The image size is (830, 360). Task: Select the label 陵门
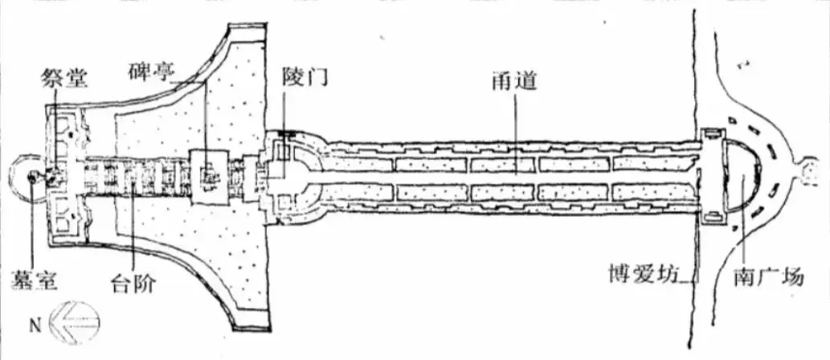click(305, 78)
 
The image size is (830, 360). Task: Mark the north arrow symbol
click(74, 323)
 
